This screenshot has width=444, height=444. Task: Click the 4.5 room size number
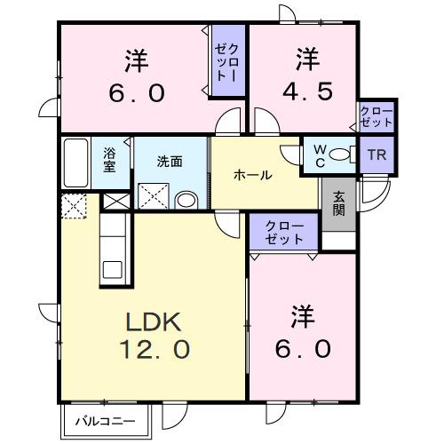pos(301,93)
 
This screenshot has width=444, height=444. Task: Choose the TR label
pos(376,153)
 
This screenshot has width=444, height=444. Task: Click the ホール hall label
pos(252,175)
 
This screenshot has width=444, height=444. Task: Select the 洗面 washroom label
pos(170,162)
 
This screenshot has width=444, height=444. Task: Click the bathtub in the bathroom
pos(77,161)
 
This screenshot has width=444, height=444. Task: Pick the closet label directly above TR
pos(377,115)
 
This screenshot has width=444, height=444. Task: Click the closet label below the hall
pos(283,234)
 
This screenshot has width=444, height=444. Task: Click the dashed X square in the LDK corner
pos(75,208)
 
